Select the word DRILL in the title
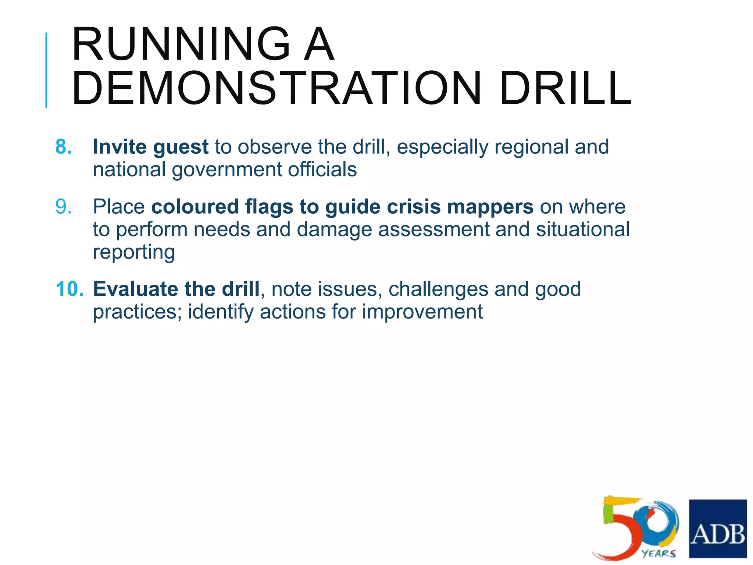[565, 89]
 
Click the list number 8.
[63, 147]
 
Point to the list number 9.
[63, 206]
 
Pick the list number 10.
[69, 289]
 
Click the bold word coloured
[195, 206]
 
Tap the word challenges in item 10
[438, 289]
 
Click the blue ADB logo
[718, 528]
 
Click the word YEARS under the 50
[659, 554]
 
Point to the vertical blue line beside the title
[46, 70]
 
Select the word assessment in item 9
[433, 230]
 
